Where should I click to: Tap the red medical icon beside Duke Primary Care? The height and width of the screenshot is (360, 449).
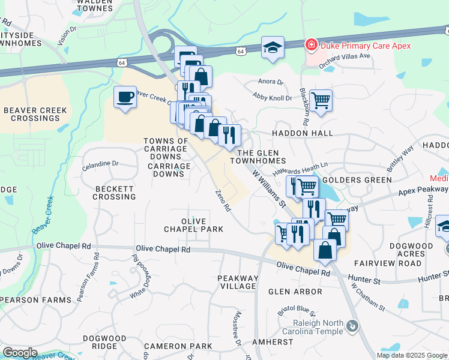click(x=311, y=44)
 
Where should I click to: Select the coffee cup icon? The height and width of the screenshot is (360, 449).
click(x=125, y=97)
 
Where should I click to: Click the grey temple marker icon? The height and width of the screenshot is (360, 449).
click(x=352, y=326)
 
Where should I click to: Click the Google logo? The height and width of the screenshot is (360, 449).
click(x=20, y=353)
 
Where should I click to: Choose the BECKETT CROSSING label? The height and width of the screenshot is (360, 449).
click(x=115, y=193)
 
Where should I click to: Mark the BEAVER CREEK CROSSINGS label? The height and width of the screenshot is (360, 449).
click(x=35, y=115)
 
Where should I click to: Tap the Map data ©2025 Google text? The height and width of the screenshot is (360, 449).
click(x=412, y=355)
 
